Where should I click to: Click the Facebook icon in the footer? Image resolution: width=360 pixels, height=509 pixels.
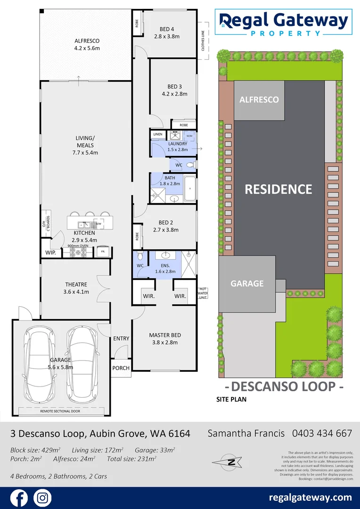pyautogui.click(x=19, y=498)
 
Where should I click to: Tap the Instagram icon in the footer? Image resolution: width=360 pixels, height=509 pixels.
pyautogui.click(x=42, y=498)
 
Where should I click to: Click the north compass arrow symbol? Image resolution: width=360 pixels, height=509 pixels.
pyautogui.click(x=231, y=462)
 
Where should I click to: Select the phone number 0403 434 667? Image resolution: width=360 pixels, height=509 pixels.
pyautogui.click(x=322, y=433)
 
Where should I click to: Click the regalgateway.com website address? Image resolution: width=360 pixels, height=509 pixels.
pyautogui.click(x=310, y=497)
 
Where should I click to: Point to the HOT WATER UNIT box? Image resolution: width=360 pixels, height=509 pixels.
pyautogui.click(x=203, y=293)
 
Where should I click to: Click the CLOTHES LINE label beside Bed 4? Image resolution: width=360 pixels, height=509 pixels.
pyautogui.click(x=204, y=41)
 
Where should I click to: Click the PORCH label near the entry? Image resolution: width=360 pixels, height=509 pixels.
pyautogui.click(x=121, y=368)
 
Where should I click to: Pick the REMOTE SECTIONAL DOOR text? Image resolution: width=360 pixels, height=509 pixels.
pyautogui.click(x=61, y=411)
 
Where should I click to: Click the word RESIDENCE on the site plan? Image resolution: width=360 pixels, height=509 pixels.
pyautogui.click(x=278, y=189)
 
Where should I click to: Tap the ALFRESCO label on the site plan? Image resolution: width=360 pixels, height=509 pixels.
pyautogui.click(x=259, y=99)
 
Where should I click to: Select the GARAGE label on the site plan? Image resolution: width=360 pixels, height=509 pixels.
pyautogui.click(x=246, y=283)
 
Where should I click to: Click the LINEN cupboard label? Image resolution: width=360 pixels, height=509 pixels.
pyautogui.click(x=157, y=134)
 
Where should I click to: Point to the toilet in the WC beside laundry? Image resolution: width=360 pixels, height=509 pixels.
pyautogui.click(x=191, y=165)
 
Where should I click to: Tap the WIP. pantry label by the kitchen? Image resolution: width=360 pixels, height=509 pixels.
pyautogui.click(x=50, y=253)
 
